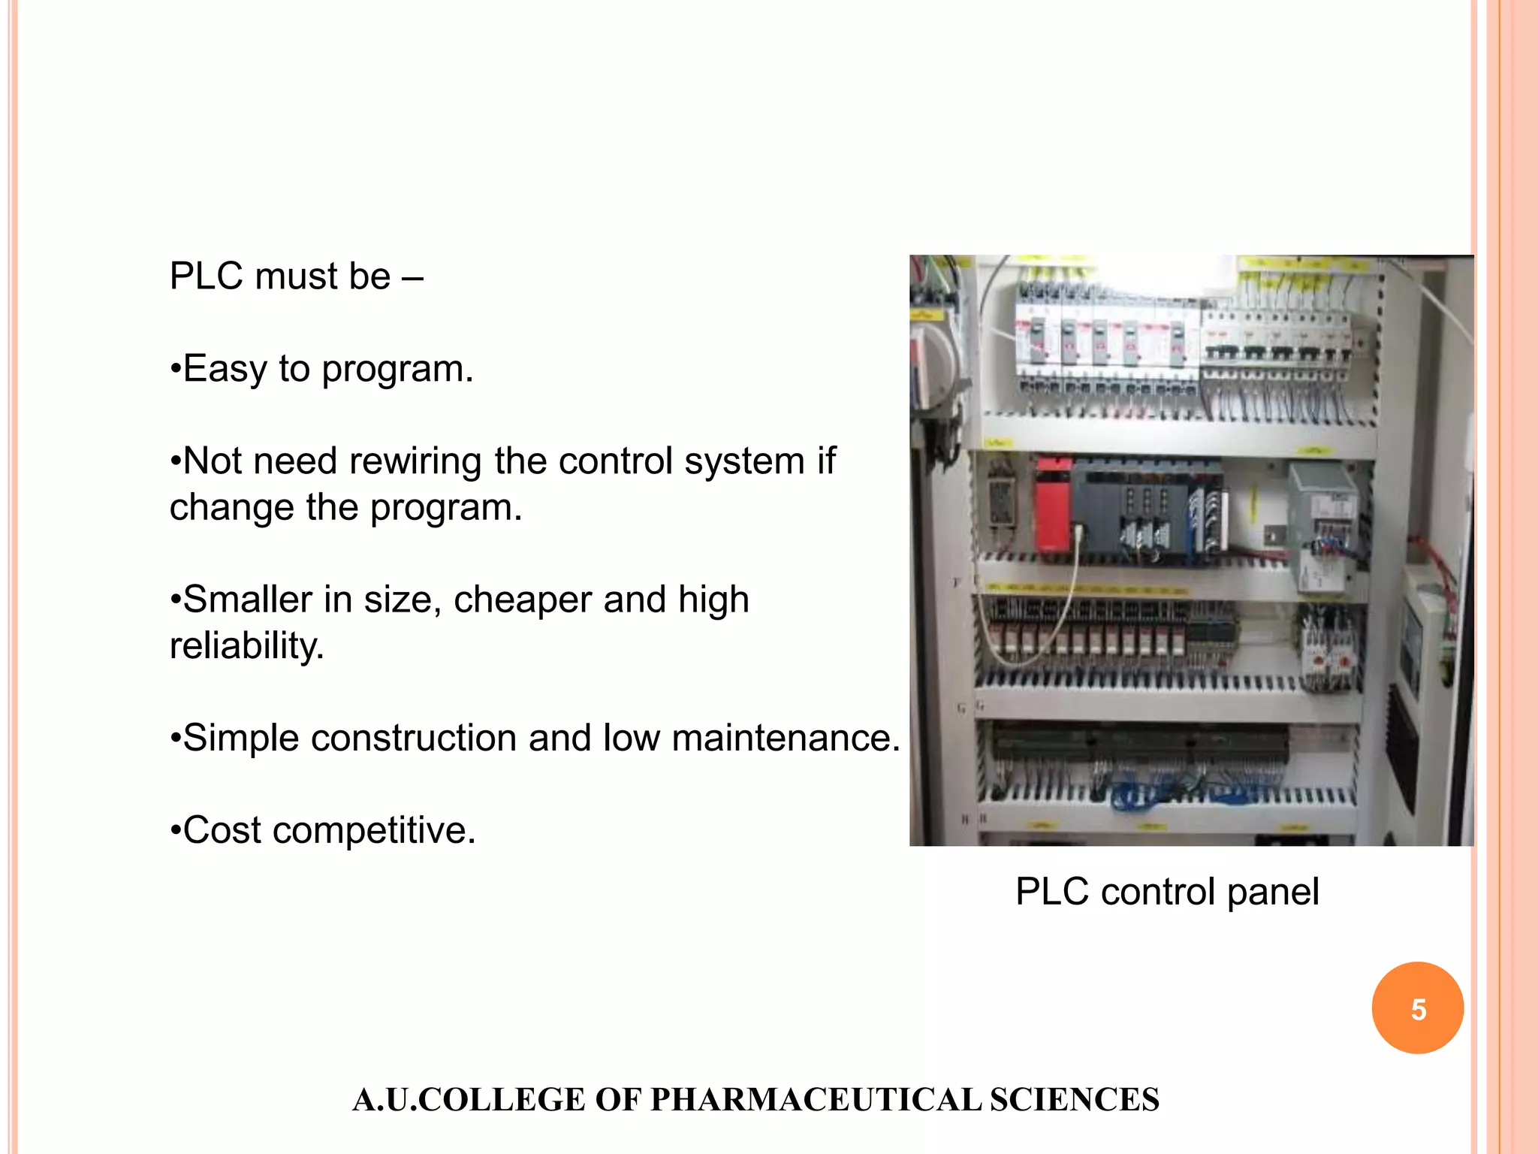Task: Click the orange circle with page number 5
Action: [1417, 1007]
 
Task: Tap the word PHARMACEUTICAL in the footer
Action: [816, 1100]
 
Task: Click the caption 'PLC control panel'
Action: [1167, 892]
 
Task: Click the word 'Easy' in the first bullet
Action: [225, 369]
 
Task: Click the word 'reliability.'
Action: [247, 645]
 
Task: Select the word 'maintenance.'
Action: [786, 738]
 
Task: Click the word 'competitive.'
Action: [374, 830]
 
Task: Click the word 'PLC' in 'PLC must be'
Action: [207, 276]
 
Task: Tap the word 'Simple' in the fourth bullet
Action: [240, 738]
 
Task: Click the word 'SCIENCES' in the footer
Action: [1074, 1100]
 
